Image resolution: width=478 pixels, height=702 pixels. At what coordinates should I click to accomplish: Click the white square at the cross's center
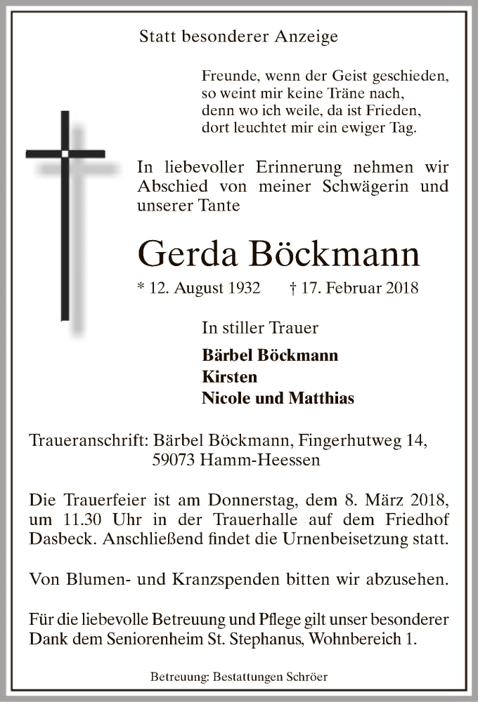point(65,153)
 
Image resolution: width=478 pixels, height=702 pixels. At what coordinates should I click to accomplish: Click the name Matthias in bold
point(321,399)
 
